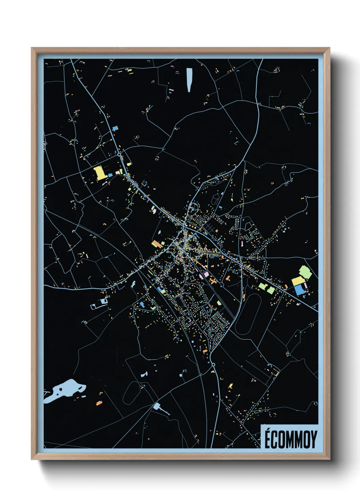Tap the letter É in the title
pyautogui.click(x=268, y=439)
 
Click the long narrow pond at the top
pyautogui.click(x=189, y=80)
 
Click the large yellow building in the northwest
pyautogui.click(x=100, y=172)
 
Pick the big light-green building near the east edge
pyautogui.click(x=305, y=272)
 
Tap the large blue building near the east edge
pyautogui.click(x=299, y=290)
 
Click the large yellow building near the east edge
pyautogui.click(x=297, y=281)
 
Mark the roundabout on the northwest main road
pyautogui.click(x=119, y=155)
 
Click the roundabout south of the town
pyautogui.click(x=213, y=365)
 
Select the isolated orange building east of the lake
pyautogui.click(x=99, y=403)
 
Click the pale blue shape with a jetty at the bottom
pyautogui.click(x=157, y=406)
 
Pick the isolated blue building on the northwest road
pyautogui.click(x=115, y=128)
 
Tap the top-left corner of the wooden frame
pyautogui.click(x=32, y=48)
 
